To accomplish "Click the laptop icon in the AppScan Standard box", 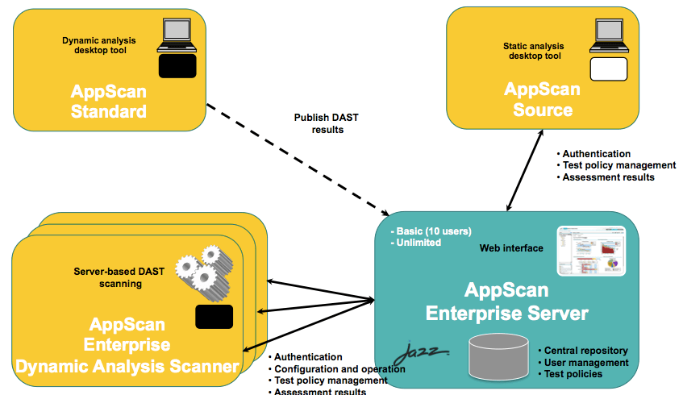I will point(177,35).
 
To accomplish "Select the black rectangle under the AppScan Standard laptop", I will point(177,66).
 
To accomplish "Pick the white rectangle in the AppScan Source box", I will point(609,69).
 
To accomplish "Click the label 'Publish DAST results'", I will point(326,123).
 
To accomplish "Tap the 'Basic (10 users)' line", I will point(430,231).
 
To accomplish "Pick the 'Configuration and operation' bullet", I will point(339,368).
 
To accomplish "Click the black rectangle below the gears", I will point(214,316).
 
